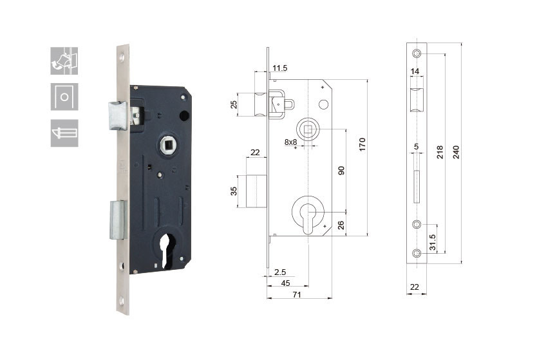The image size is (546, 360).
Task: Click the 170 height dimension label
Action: [362, 144]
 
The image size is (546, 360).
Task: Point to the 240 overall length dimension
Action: [456, 152]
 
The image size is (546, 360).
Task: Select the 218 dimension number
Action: [440, 152]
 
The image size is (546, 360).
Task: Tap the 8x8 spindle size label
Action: [291, 142]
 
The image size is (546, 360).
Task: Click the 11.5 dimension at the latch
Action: [280, 68]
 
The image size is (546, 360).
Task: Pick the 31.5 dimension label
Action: [432, 242]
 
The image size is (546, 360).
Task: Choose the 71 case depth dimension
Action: [296, 294]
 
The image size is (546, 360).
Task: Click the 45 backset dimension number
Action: [285, 283]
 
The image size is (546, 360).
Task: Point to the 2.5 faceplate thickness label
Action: [280, 272]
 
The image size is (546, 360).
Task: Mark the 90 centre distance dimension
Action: [341, 170]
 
